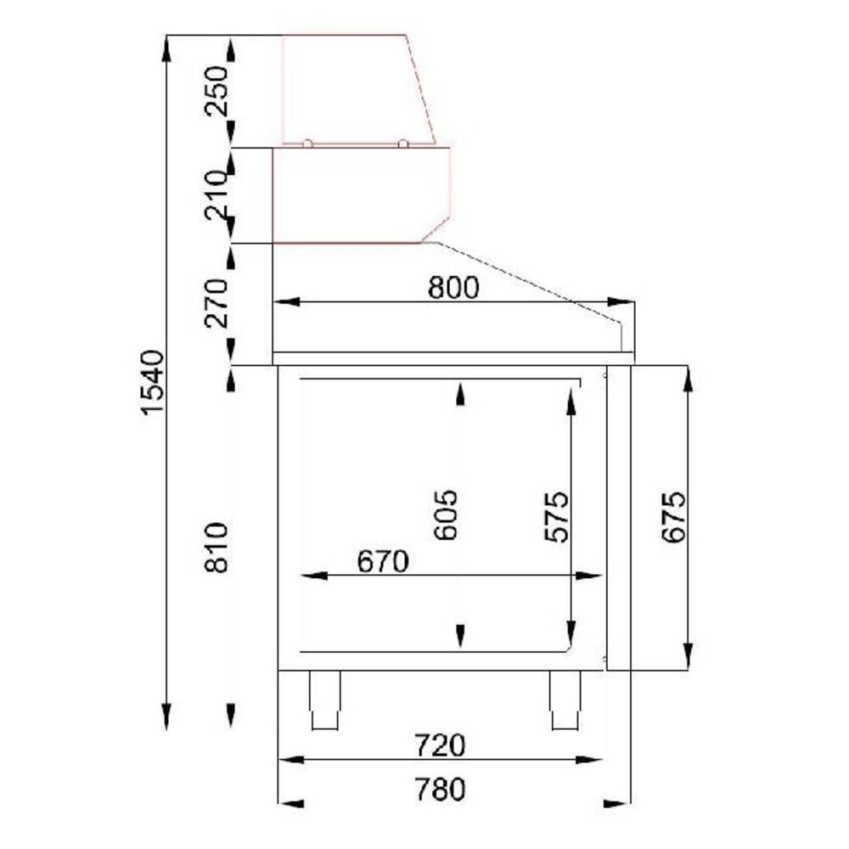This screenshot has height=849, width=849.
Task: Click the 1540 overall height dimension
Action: click(150, 381)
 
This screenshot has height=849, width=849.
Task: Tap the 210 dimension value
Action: click(216, 194)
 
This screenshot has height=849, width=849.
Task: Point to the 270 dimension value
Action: click(216, 303)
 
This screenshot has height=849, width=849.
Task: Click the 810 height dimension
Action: click(216, 548)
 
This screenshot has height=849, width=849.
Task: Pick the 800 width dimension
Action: click(453, 289)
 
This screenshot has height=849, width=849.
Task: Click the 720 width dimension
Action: click(441, 745)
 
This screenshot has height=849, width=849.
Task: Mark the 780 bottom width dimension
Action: click(441, 790)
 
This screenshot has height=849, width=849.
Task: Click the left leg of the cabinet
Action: click(323, 700)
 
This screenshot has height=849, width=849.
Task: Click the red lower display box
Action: click(357, 195)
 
